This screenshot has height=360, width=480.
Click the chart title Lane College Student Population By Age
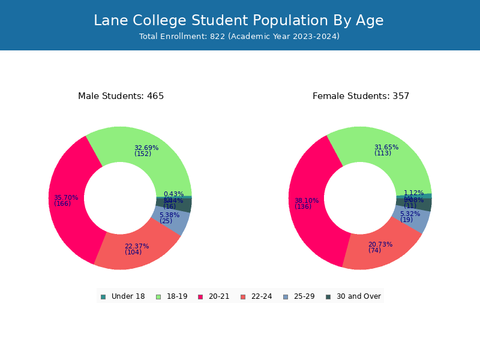tap(239, 20)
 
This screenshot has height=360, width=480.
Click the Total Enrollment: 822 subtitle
tap(239, 37)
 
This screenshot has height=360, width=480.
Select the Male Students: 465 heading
tap(121, 96)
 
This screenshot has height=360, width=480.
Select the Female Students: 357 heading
tap(361, 96)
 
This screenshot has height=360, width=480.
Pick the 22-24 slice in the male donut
tap(135, 252)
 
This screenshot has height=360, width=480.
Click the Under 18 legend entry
tap(123, 296)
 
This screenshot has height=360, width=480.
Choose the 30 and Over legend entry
tap(353, 296)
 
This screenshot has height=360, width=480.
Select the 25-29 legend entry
tap(299, 296)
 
